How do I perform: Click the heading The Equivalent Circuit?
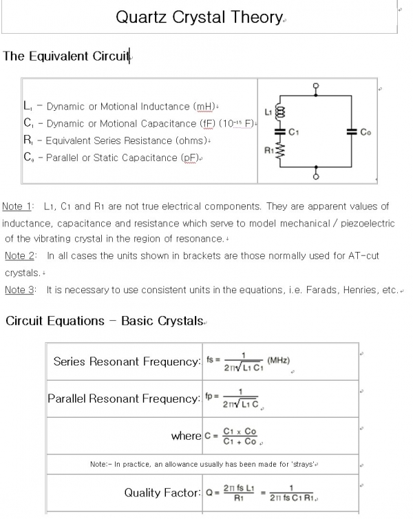pos(66,56)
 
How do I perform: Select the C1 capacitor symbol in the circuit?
pos(279,131)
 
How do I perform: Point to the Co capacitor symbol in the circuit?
pos(352,131)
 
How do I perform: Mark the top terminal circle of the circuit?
pos(316,87)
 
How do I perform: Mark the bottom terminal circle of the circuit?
pos(316,177)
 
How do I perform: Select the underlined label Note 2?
pos(20,256)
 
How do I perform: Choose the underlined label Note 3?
pos(20,290)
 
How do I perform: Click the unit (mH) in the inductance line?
pos(204,107)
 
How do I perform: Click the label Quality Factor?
pos(162,493)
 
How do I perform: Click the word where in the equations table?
pos(186,436)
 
